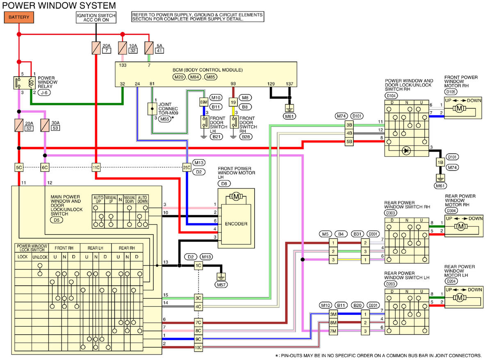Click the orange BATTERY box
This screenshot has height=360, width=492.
click(19, 18)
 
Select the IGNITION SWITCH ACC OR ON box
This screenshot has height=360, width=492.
click(96, 17)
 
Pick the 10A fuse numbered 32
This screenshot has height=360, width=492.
click(122, 48)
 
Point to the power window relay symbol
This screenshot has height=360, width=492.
click(24, 82)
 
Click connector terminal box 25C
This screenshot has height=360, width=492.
click(187, 167)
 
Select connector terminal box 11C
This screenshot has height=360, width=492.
click(96, 167)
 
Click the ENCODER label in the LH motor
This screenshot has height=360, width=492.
click(236, 224)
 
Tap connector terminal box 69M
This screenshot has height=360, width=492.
click(204, 102)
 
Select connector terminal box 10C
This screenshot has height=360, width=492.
click(198, 348)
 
